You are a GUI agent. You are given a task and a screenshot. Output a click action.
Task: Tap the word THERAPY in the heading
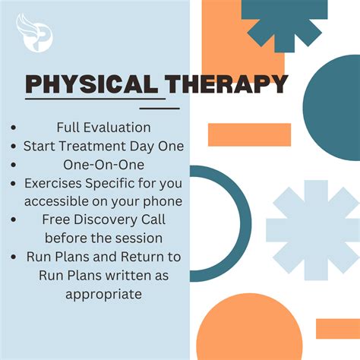tap(229, 84)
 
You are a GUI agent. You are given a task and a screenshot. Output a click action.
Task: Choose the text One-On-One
tap(103, 163)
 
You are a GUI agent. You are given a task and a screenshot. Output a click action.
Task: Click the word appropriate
tap(103, 293)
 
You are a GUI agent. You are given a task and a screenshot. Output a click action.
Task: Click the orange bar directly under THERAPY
tap(249, 134)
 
